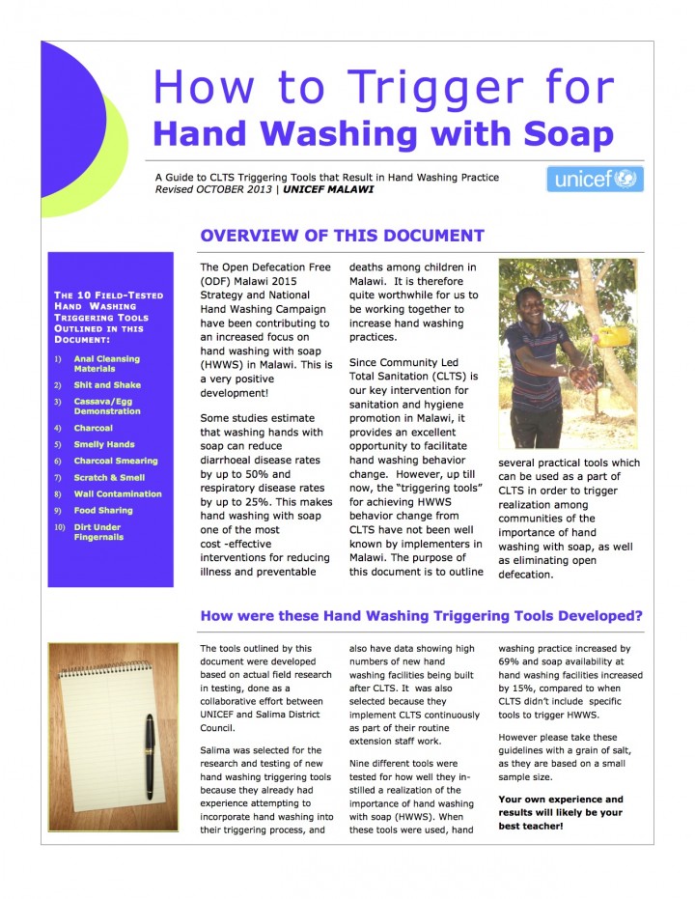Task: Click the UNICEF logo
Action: [594, 180]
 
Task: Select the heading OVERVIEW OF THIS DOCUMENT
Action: [341, 236]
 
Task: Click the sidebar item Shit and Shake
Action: [107, 385]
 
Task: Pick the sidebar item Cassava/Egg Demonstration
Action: [107, 406]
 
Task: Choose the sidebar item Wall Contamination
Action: [118, 493]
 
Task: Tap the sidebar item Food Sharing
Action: [103, 510]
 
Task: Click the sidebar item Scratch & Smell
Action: [109, 477]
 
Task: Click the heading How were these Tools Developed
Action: [421, 616]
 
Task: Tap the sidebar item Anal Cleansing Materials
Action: [107, 364]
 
